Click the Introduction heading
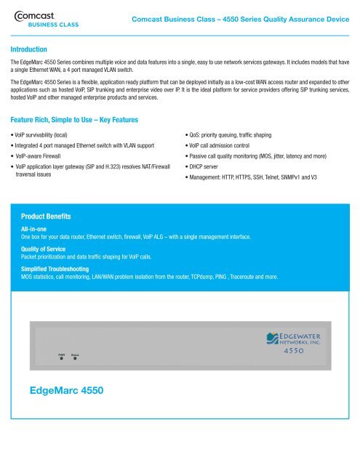tap(33, 49)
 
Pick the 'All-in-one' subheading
tap(36, 229)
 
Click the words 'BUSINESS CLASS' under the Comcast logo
tap(53, 23)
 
